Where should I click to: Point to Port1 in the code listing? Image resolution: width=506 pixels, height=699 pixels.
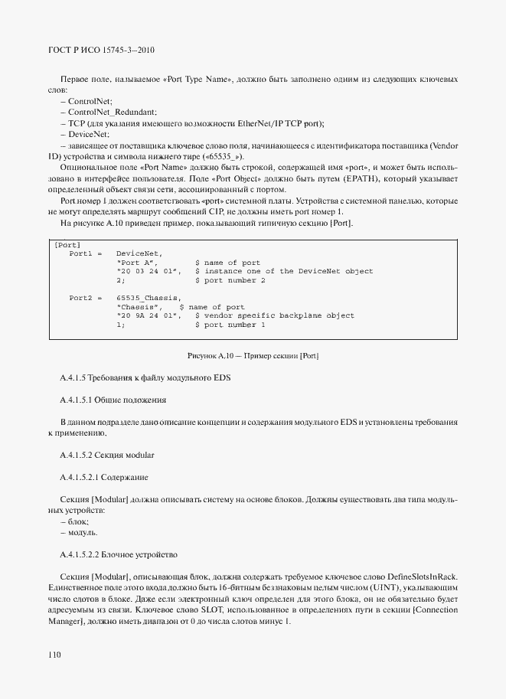[x=80, y=253]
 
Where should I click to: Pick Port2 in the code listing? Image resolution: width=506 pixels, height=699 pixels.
[x=80, y=297]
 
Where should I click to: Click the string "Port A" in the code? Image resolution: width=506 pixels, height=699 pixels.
[x=137, y=262]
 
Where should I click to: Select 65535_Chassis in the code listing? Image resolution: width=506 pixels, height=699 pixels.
[x=149, y=297]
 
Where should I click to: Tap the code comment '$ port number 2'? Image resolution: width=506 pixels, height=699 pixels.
[x=230, y=280]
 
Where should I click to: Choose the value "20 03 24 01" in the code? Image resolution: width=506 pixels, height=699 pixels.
[x=149, y=271]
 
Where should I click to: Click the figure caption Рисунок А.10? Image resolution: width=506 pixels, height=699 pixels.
[x=253, y=357]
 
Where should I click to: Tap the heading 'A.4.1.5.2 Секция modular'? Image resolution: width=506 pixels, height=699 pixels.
[x=106, y=456]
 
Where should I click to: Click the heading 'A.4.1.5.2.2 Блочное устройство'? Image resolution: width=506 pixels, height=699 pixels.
[x=118, y=553]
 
